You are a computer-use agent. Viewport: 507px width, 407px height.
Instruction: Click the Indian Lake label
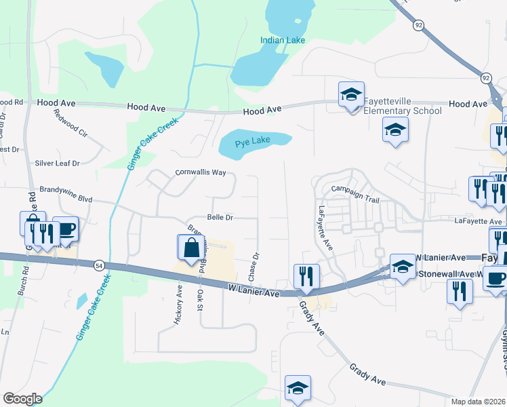(x=283, y=41)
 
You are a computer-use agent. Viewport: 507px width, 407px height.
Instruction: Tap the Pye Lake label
(x=252, y=142)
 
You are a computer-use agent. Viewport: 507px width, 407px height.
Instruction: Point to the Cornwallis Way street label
(x=201, y=172)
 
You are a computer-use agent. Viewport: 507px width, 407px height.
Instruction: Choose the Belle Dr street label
(x=220, y=218)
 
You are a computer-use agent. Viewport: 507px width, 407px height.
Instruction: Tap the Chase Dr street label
(x=255, y=267)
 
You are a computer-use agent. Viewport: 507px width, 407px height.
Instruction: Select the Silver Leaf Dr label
(x=57, y=163)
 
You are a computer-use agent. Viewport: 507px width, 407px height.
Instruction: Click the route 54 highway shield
(x=99, y=264)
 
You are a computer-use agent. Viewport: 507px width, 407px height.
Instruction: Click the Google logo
(x=22, y=399)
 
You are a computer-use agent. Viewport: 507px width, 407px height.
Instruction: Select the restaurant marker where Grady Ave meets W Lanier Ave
(x=306, y=275)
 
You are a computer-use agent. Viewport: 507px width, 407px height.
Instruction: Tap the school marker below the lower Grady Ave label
(x=298, y=388)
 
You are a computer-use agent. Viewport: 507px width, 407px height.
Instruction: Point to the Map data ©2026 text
(x=478, y=402)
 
